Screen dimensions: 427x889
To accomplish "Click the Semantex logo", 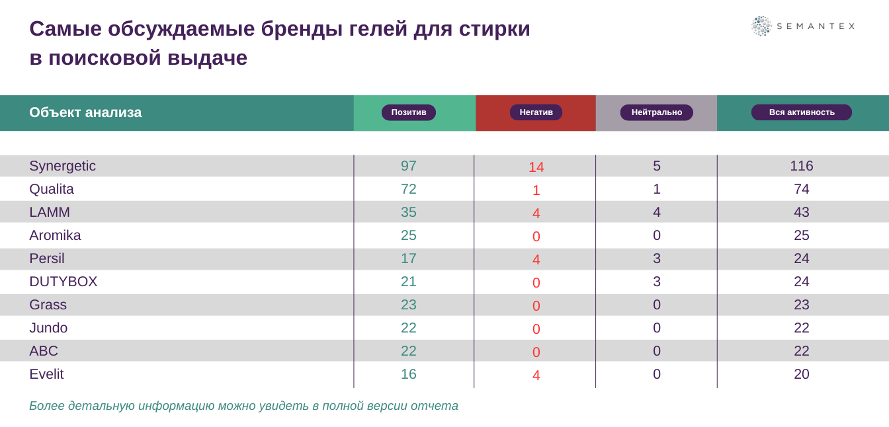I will pos(802,26).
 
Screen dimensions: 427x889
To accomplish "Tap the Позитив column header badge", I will pos(409,112).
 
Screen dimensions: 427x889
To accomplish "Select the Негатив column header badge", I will pos(536,112).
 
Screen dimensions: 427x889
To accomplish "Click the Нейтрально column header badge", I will pos(656,112).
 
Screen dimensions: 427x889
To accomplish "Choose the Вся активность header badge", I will pos(801,112).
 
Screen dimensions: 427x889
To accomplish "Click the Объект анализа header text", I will pos(85,112).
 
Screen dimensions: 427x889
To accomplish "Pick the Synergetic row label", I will pos(62,166).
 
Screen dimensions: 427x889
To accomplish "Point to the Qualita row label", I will pos(52,189).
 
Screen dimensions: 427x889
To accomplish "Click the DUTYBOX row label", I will pos(63,282).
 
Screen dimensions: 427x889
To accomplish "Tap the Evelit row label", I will pos(46,374).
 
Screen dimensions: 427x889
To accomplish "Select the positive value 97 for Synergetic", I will pos(409,166).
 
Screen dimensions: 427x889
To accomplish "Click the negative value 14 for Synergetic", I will pos(536,167).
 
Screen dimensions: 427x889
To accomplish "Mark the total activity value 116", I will pos(801,166).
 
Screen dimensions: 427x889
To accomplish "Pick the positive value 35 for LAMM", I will pos(409,212).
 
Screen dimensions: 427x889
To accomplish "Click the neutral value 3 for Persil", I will pos(656,258).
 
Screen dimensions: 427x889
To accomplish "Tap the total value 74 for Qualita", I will pos(801,189).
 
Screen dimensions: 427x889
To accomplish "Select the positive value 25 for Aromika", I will pos(409,235).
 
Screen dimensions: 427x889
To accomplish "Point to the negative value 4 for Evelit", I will pos(536,375).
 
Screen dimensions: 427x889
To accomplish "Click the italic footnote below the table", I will pos(243,406).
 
